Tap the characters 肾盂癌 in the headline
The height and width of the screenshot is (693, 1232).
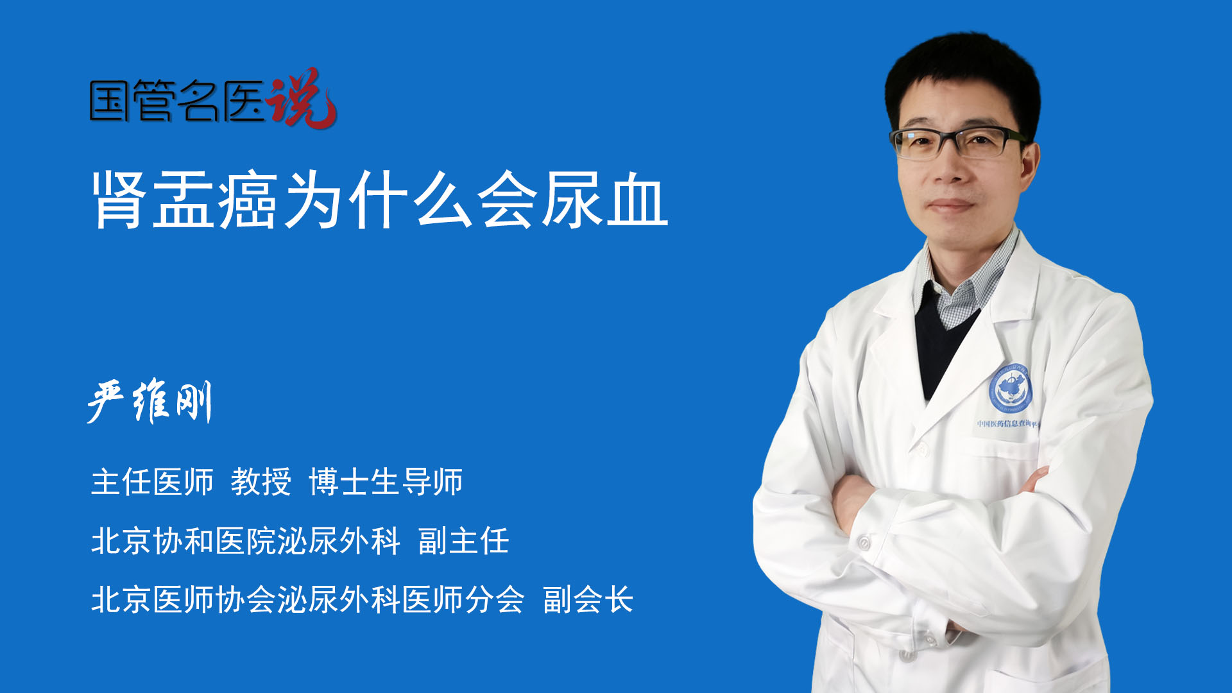pos(185,200)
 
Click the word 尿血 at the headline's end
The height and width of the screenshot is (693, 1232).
pos(606,200)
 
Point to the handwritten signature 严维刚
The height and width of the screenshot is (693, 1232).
pos(150,402)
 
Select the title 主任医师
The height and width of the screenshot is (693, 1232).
pos(152,482)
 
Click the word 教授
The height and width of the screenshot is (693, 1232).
pos(261,482)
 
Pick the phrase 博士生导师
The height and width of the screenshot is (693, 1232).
pos(386,482)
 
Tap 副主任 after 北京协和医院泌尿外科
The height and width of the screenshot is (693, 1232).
pos(464,541)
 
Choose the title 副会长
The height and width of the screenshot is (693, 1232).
pos(588,600)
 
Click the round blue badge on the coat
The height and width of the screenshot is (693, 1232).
pos(1011,389)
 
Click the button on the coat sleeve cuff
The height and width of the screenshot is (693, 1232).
pos(864,543)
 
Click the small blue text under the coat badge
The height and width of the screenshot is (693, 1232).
pos(1007,424)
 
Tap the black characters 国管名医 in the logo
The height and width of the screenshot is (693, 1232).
pos(176,101)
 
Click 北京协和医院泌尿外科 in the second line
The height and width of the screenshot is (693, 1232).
pos(246,541)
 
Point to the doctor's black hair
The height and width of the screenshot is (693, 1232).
pos(963,71)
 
